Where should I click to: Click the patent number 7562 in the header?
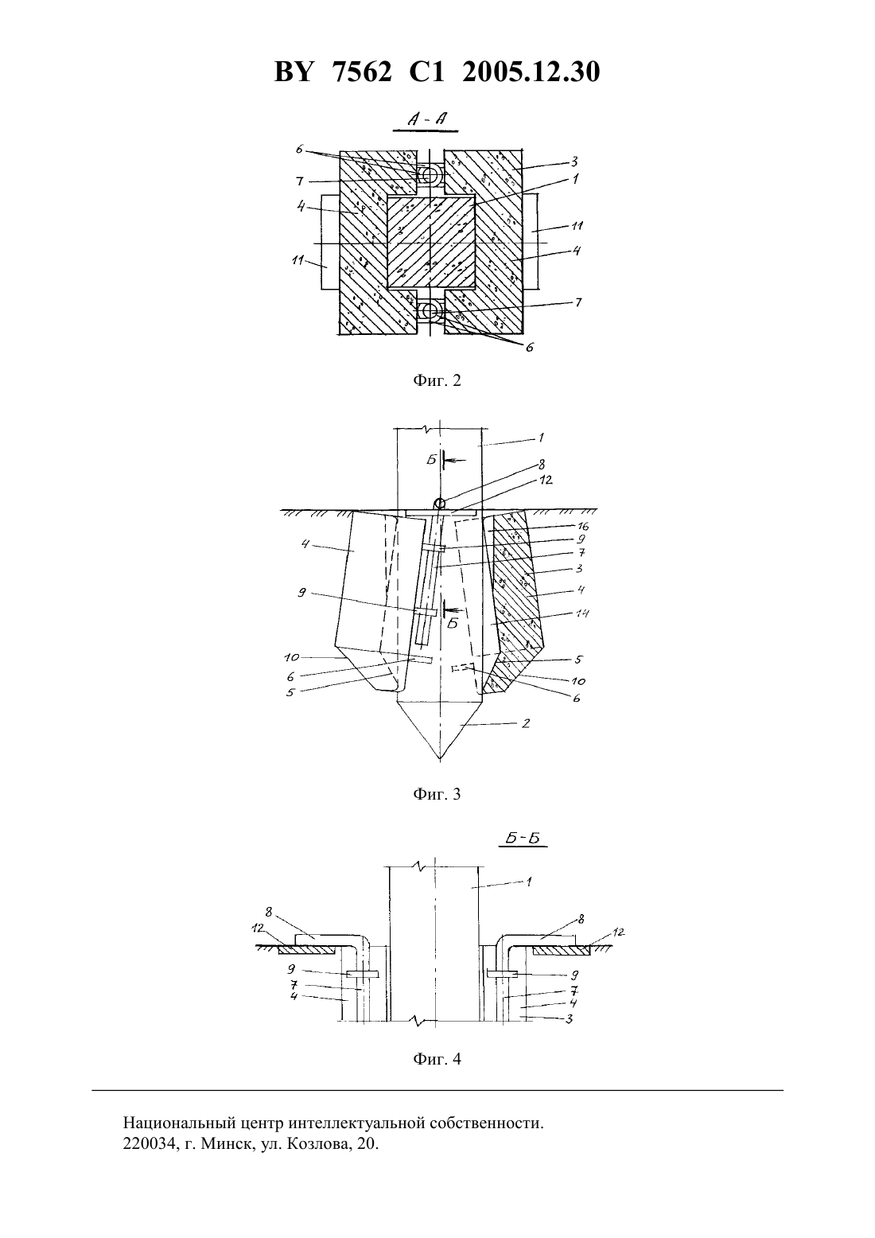click(363, 72)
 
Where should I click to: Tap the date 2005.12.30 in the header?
click(531, 72)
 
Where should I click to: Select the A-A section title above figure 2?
click(426, 119)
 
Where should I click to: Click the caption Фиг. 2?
click(437, 380)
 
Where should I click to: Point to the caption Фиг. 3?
click(437, 794)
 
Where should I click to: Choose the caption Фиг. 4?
click(437, 1059)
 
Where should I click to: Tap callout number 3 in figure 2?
click(574, 162)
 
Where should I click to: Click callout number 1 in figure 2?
click(575, 179)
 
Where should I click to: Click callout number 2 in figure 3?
click(526, 723)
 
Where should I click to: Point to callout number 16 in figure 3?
click(583, 526)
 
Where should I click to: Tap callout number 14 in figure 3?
click(583, 613)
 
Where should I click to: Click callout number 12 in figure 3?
click(546, 480)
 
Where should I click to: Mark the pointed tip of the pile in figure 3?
click(440, 761)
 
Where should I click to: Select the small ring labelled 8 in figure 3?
click(440, 503)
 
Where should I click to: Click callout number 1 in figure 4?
click(529, 882)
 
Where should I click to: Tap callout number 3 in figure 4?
click(570, 1018)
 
